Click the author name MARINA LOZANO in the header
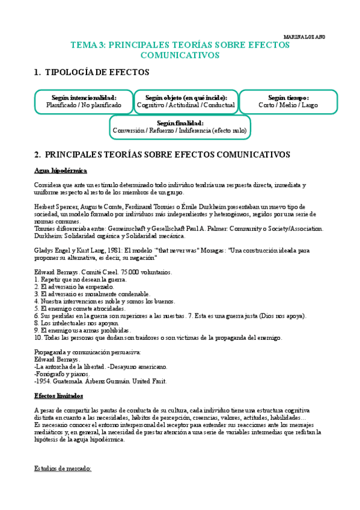304,37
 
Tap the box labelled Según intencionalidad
84,101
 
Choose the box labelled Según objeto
185,101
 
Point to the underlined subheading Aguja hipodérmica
61,171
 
